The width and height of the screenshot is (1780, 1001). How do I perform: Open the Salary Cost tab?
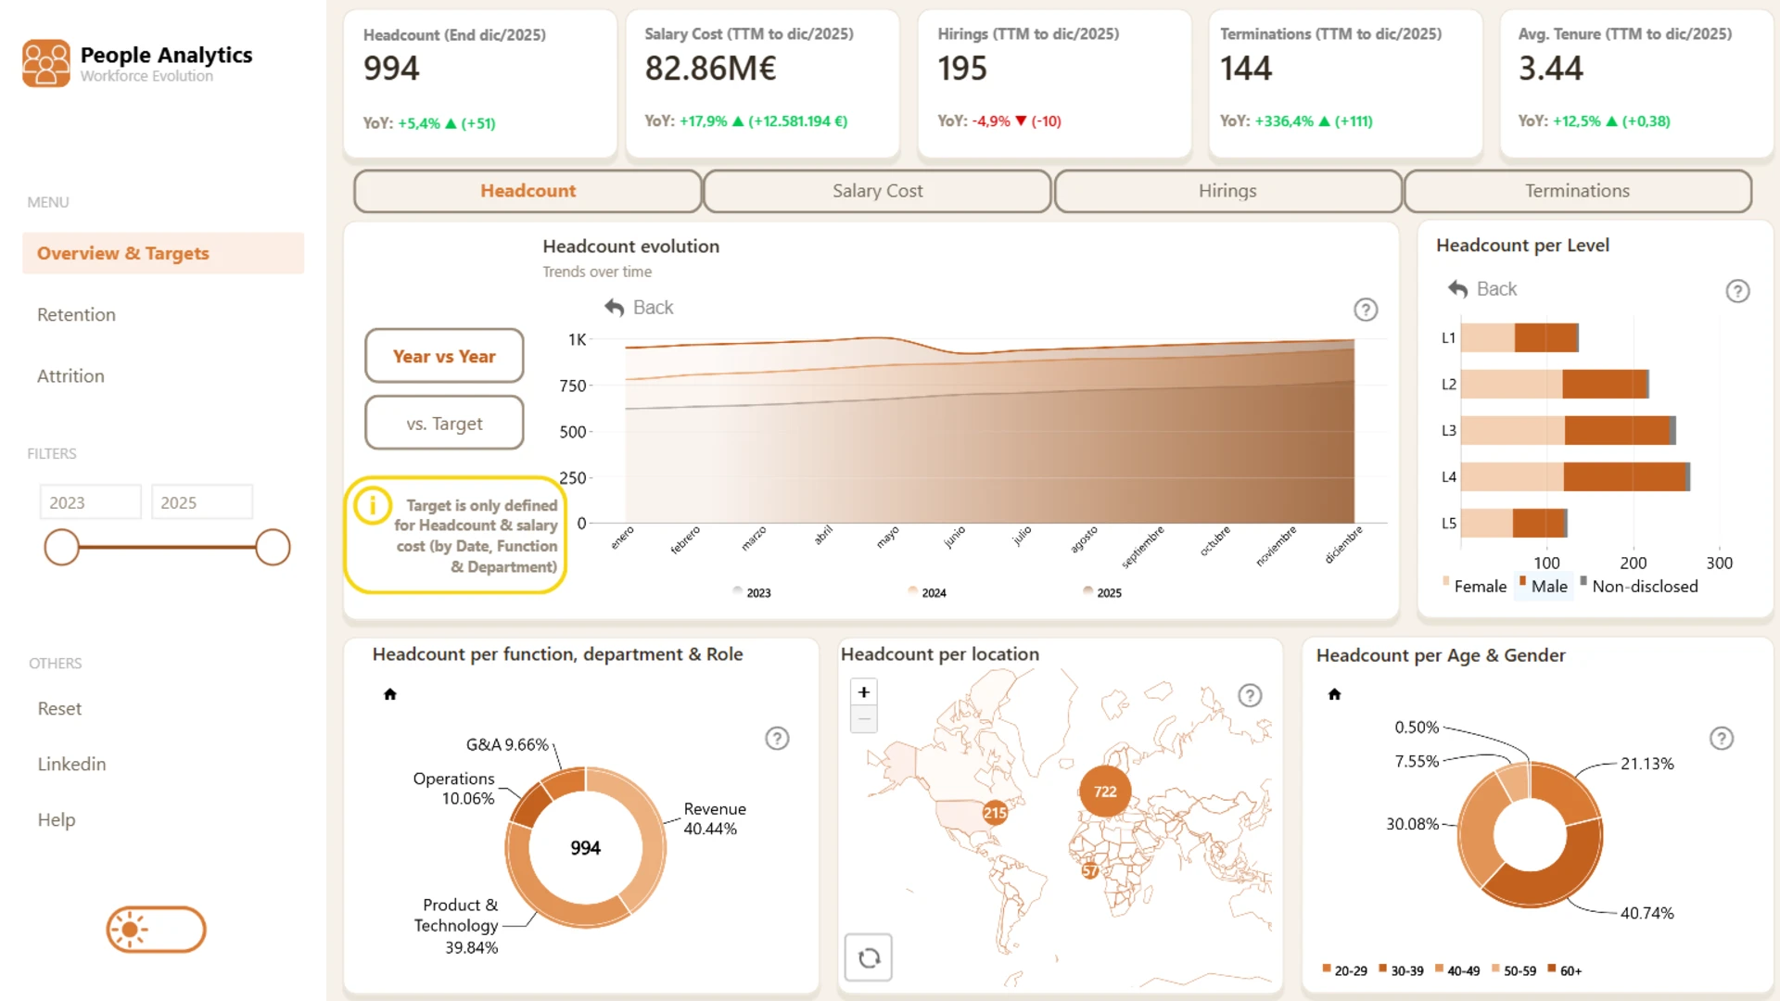point(877,191)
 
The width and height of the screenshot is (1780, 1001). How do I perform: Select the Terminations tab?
point(1577,191)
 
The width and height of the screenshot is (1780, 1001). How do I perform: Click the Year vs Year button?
point(444,356)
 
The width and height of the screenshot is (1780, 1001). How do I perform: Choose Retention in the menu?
point(76,315)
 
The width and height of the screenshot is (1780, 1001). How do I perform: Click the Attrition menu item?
point(70,376)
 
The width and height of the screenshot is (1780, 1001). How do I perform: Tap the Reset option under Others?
point(59,709)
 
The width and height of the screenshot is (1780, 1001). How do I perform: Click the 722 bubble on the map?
point(1105,792)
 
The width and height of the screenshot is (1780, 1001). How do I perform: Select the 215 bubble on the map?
point(995,813)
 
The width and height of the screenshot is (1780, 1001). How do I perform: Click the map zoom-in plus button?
point(864,692)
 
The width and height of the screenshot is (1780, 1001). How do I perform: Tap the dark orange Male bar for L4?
point(1624,476)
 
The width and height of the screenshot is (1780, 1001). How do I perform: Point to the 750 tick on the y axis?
point(573,386)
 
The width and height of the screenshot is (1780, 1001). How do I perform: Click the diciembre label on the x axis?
point(1344,545)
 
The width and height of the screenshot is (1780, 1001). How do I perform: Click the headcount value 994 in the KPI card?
point(391,69)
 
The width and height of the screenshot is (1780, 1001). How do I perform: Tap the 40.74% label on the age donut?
point(1647,913)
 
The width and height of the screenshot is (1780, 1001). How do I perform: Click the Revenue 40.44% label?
point(715,819)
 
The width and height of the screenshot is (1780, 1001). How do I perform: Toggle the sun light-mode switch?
point(156,930)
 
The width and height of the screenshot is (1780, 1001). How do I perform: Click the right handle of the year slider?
point(273,548)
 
